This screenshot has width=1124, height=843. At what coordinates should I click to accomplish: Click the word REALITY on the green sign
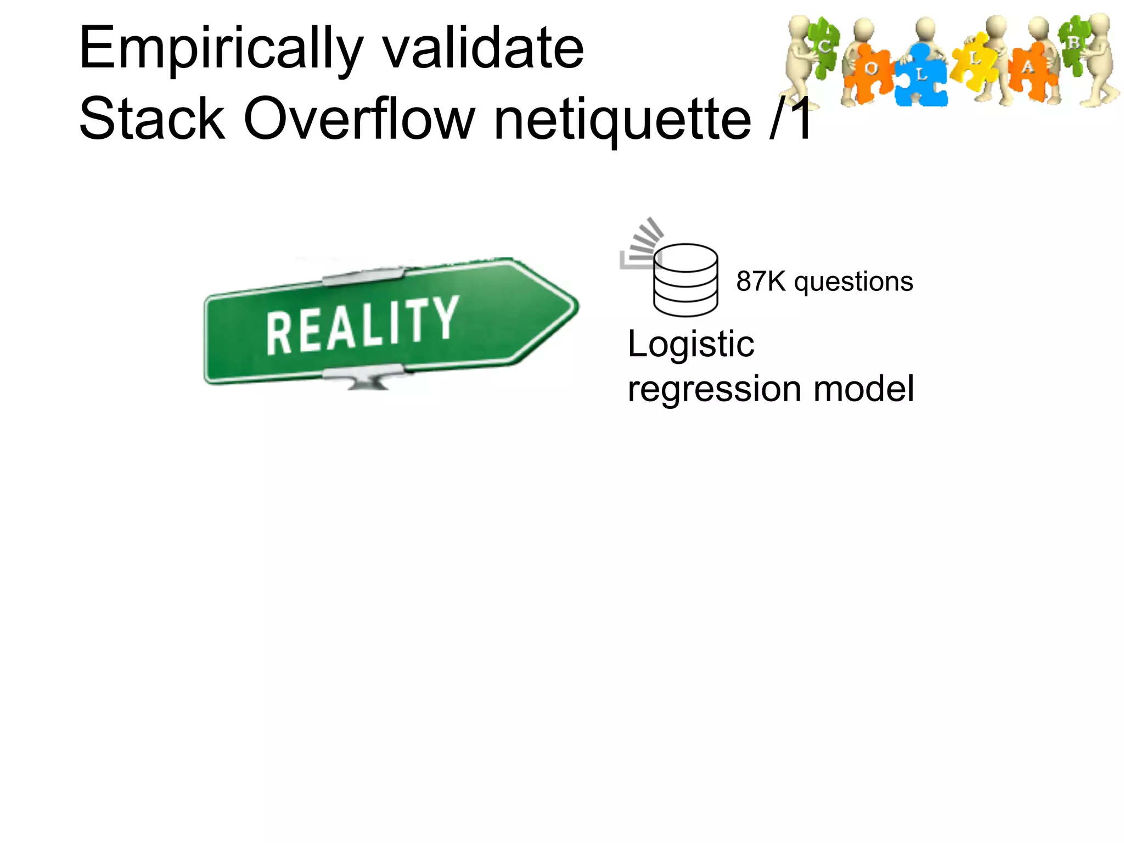pos(362,324)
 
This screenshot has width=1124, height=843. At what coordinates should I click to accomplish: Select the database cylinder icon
pos(685,280)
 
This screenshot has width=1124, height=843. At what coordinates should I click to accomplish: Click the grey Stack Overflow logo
pos(640,244)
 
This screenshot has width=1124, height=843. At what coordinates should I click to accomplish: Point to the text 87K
pos(761,282)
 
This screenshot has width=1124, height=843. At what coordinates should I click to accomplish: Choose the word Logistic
pos(691,345)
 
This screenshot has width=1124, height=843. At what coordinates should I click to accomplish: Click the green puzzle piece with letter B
pos(1073,44)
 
